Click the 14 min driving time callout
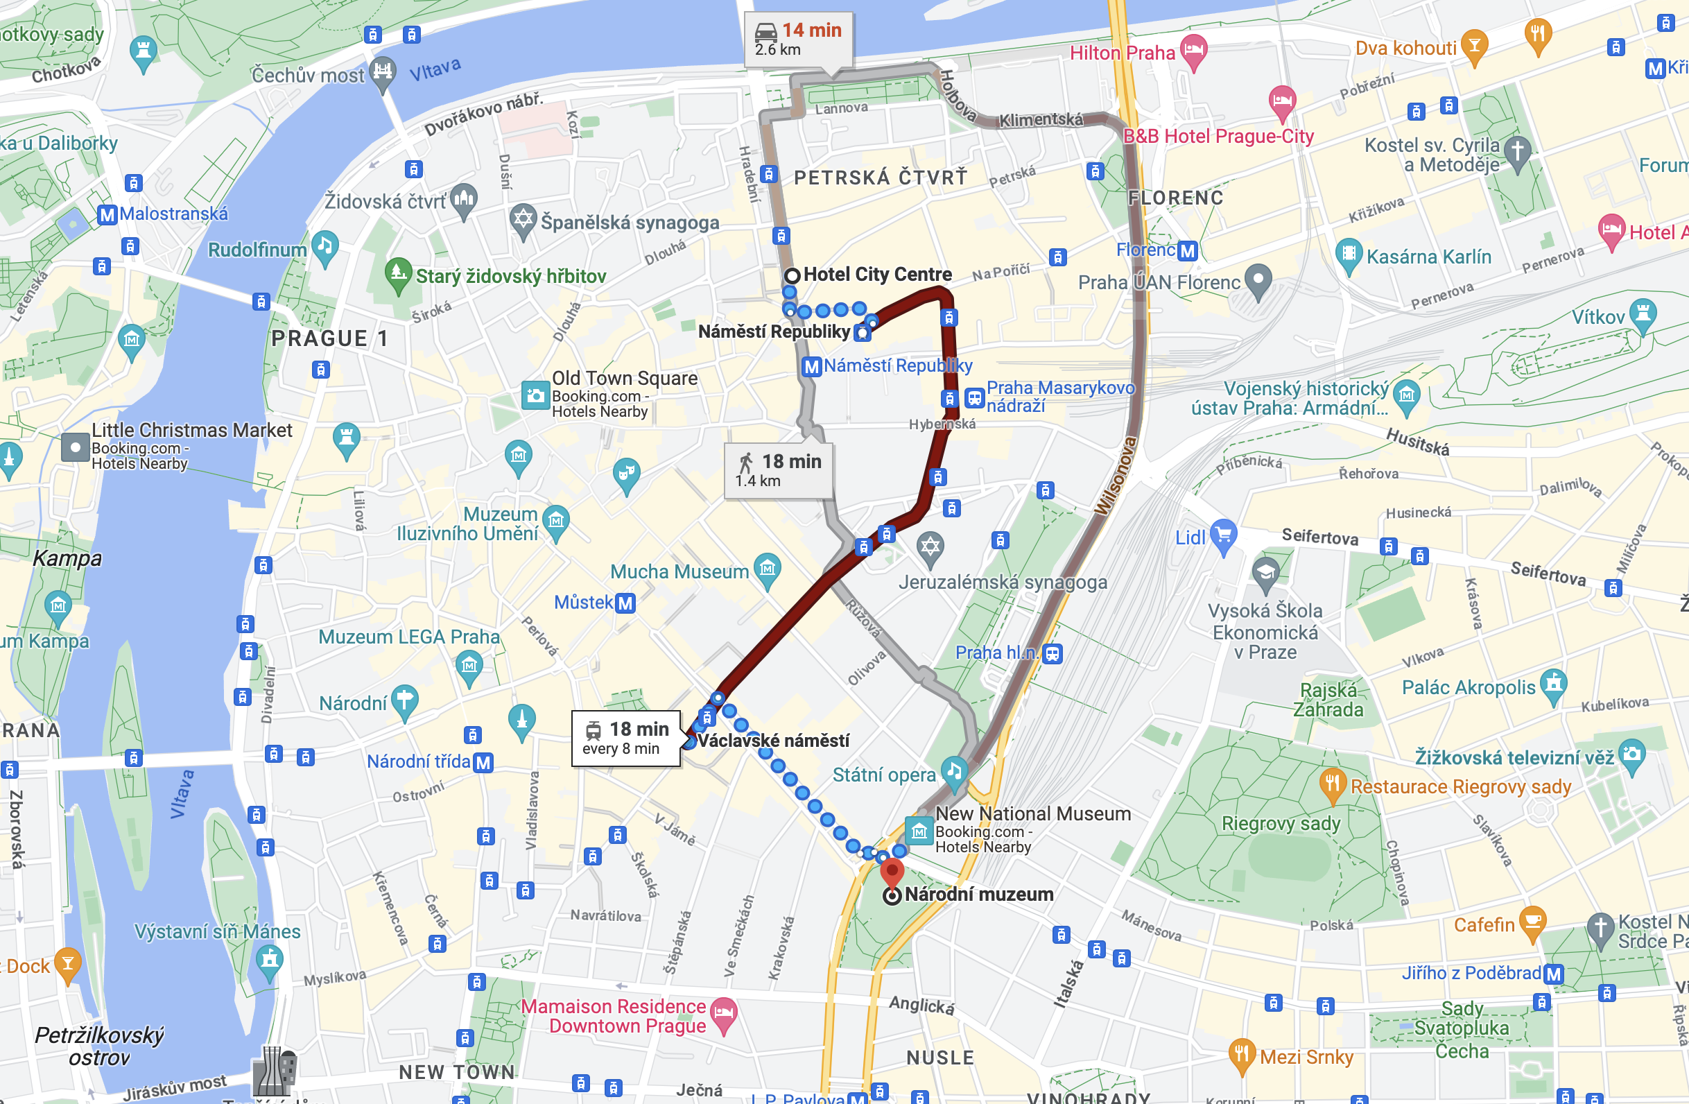(x=797, y=40)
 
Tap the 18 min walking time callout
(x=778, y=470)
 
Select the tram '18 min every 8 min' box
(x=625, y=738)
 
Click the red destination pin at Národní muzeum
(x=892, y=871)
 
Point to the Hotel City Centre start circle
(x=792, y=275)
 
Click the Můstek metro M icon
(x=625, y=603)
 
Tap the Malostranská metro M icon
(x=107, y=214)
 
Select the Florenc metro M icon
(x=1187, y=250)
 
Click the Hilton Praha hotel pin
(x=1194, y=51)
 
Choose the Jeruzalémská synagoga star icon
(x=930, y=547)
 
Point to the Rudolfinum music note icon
(x=325, y=246)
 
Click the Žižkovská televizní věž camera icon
(x=1632, y=754)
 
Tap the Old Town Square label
(x=625, y=379)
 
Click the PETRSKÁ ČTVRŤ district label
(x=881, y=178)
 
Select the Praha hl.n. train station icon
(x=1053, y=653)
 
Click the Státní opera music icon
(x=955, y=772)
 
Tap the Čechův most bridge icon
(x=383, y=72)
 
